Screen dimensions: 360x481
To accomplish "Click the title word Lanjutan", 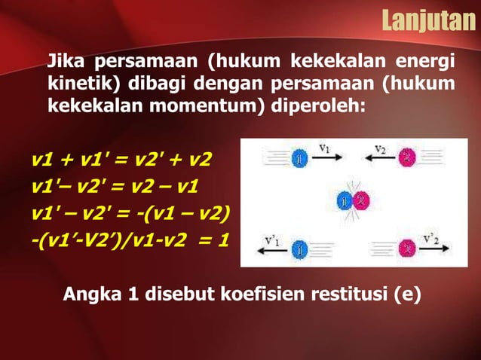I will pyautogui.click(x=427, y=20).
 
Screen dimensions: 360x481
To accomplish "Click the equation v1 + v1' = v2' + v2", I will pyautogui.click(x=121, y=160).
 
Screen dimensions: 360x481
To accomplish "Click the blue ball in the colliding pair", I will pyautogui.click(x=345, y=202).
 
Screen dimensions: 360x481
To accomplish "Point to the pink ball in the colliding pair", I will pyautogui.click(x=360, y=201).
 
